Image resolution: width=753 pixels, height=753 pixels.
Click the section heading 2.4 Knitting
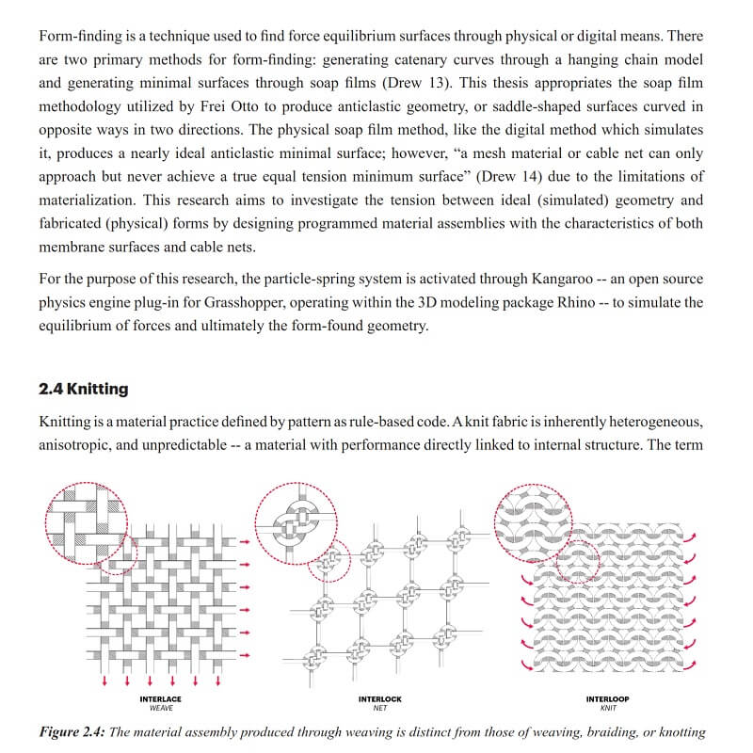point(84,389)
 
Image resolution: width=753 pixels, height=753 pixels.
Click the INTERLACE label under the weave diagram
point(160,699)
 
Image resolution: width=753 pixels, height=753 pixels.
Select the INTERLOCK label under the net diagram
point(380,699)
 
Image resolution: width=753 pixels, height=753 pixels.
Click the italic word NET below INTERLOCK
point(380,708)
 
